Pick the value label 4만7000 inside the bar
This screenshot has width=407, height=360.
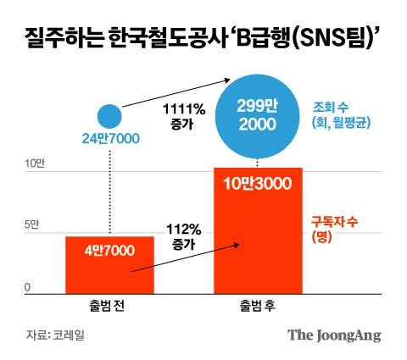[110, 252]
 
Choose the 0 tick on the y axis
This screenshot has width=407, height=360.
[27, 288]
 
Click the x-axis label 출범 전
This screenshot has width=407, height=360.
[110, 304]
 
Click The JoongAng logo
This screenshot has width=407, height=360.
[333, 335]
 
